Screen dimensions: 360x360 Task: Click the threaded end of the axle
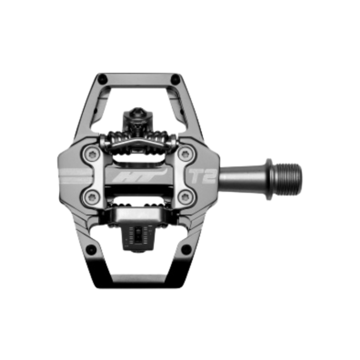click(x=290, y=176)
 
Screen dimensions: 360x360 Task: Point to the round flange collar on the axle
click(x=270, y=176)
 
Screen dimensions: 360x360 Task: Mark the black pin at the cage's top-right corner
click(x=176, y=76)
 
